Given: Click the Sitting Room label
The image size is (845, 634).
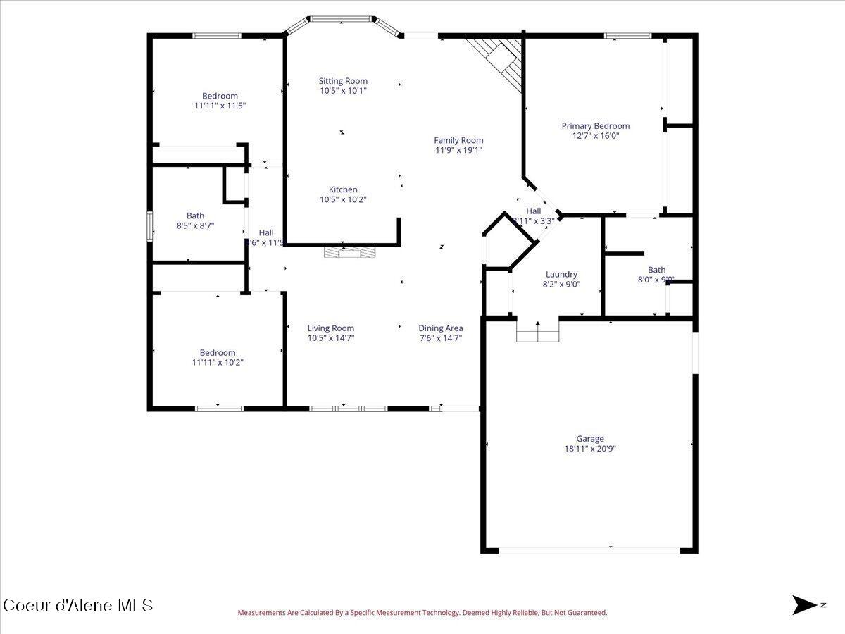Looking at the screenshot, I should tap(343, 81).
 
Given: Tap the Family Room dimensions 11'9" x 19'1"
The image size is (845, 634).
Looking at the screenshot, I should tap(458, 150).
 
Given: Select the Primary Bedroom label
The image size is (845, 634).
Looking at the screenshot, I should tap(595, 126).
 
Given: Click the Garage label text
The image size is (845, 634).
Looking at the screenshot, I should tap(590, 439).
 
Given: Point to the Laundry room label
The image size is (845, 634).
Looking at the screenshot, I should tap(561, 275).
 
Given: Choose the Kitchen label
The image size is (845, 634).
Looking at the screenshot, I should tap(343, 189).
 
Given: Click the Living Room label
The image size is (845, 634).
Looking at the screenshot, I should tap(330, 328).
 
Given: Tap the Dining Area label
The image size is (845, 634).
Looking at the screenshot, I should tap(441, 328).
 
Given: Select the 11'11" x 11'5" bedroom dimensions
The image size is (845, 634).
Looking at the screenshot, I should tap(220, 106).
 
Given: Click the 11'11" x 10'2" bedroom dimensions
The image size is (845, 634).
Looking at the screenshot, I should tap(218, 363).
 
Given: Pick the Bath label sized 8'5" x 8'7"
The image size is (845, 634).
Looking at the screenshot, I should tap(195, 216).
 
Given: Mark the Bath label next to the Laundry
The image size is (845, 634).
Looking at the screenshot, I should tap(656, 270).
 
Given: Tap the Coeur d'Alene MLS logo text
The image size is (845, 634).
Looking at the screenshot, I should tap(77, 605).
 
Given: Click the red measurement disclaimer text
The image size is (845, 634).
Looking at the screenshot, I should tap(422, 613).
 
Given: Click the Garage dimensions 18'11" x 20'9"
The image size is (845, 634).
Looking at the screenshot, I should tap(590, 449).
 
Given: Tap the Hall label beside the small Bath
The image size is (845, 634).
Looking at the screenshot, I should tap(265, 233).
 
